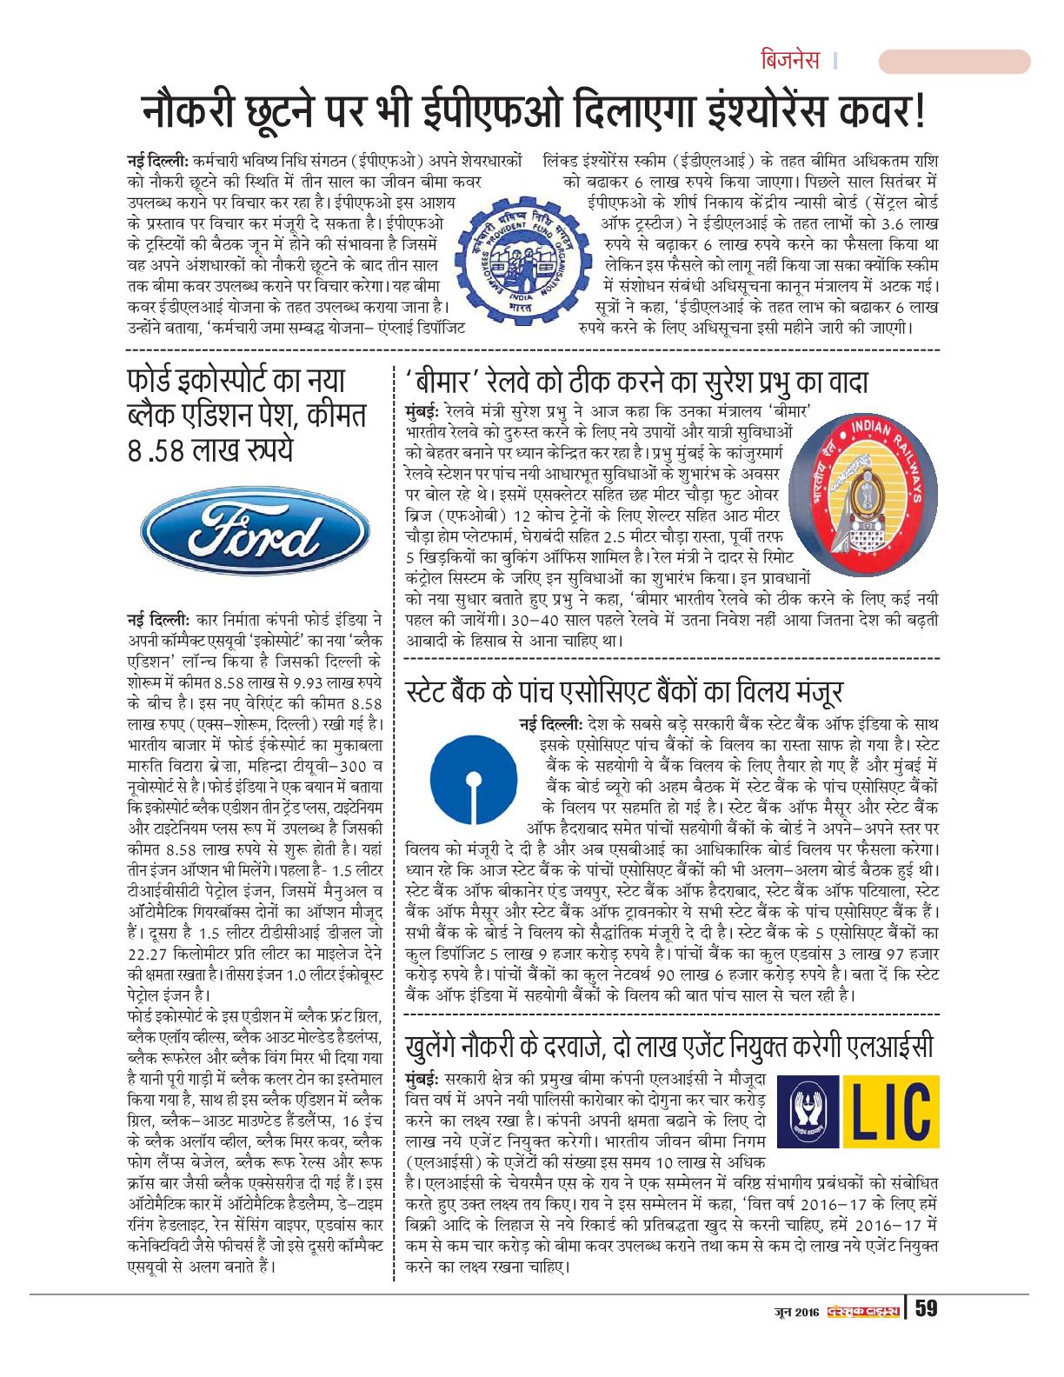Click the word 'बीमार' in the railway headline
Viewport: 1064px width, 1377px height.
tap(450, 382)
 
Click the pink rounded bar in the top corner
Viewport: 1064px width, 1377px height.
tap(954, 63)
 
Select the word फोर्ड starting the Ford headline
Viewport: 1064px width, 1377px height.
tap(155, 382)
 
